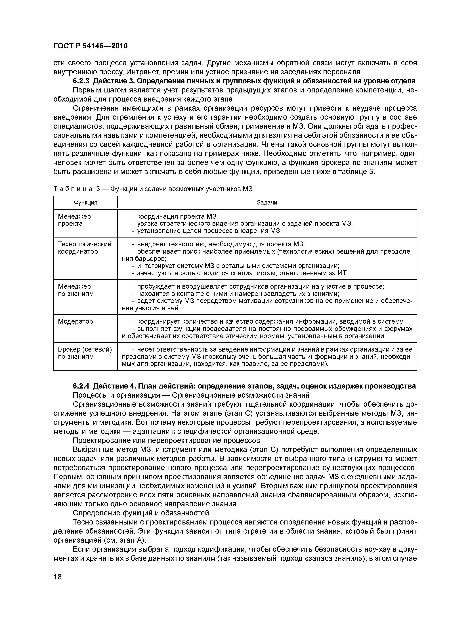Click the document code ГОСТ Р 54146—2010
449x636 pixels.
(x=91, y=46)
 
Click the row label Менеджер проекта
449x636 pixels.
(x=74, y=220)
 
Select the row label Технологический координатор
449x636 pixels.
(x=84, y=248)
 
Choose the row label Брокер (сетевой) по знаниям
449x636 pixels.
(x=85, y=353)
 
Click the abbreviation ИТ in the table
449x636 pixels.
(x=342, y=273)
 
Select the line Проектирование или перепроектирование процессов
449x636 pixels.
(x=166, y=440)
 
